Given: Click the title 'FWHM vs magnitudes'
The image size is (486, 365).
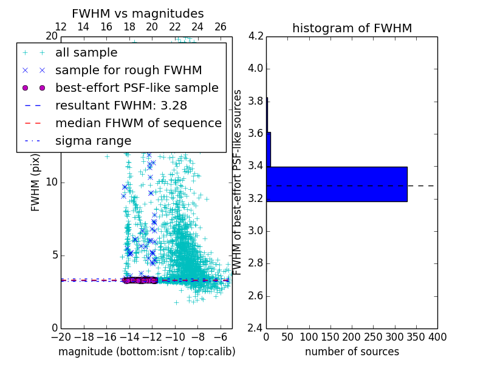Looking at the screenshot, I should [x=138, y=13].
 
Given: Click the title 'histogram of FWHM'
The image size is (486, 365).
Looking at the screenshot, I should [x=352, y=28].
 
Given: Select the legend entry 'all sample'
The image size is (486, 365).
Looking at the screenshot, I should [x=86, y=53].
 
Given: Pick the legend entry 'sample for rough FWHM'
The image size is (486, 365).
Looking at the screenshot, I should [x=128, y=70].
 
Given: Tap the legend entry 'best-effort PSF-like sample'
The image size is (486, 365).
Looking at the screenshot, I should [x=137, y=88].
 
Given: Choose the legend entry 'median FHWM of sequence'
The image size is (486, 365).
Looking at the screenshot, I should [x=138, y=123].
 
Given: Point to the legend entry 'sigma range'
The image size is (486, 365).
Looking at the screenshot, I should [x=93, y=141].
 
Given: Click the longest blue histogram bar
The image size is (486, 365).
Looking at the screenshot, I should [x=337, y=184].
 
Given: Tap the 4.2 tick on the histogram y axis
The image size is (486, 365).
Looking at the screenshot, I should [x=256, y=36].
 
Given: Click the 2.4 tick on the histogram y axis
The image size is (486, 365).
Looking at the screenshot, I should [x=256, y=328].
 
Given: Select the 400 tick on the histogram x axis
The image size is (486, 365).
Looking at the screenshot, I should [x=437, y=337].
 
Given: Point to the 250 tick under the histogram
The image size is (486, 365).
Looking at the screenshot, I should [x=373, y=337].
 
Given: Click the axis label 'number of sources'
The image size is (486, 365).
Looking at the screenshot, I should [x=352, y=352].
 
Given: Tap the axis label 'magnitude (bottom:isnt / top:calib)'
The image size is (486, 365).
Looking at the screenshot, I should [x=146, y=352].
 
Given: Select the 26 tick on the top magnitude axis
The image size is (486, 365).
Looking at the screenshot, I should [x=221, y=27].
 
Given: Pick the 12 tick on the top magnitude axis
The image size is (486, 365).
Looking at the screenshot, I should [x=61, y=27].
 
